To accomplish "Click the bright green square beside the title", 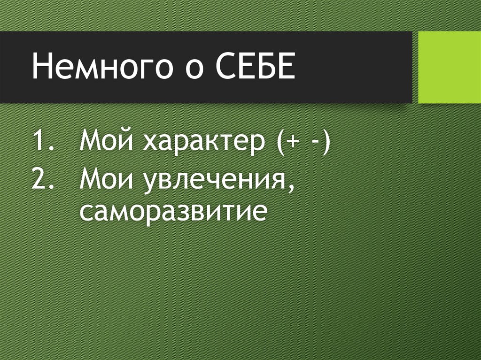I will click(x=450, y=67).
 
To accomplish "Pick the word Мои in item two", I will click(x=106, y=179).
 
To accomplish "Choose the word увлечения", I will click(x=211, y=181).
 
